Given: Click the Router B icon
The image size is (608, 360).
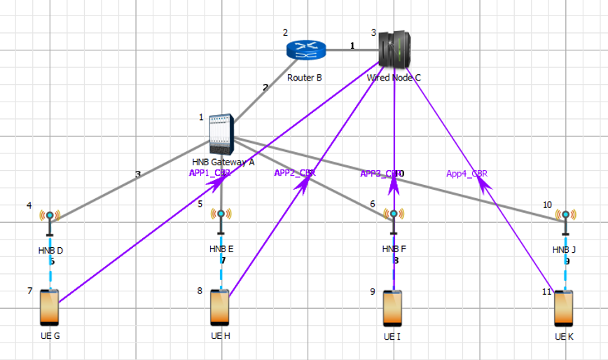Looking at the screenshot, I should pos(306,49).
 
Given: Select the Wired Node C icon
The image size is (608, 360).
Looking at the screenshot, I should pos(394,48).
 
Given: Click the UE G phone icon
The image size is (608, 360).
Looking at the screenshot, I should pos(49,307).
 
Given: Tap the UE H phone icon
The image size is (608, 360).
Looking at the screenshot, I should pos(220,307).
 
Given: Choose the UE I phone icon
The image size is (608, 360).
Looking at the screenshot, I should pos(393,308).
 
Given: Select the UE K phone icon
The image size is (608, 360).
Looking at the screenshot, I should pos(564,307).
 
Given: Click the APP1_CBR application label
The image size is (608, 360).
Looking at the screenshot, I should pos(209,173).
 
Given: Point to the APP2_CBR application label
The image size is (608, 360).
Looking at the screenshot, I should pos(295,173).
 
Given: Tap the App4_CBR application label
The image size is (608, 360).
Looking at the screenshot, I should pos(467,173).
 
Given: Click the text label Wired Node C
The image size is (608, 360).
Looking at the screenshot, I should pos(394,78).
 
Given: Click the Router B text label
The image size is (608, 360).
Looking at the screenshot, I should pos(305,78).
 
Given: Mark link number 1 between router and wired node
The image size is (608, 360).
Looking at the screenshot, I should pos(352,46).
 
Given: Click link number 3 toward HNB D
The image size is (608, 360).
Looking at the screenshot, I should pos(138,174).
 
